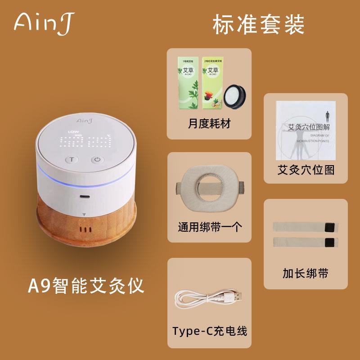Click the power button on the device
pyautogui.click(x=98, y=159)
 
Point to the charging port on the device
pyautogui.click(x=84, y=196)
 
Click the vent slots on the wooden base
pyautogui.click(x=85, y=229)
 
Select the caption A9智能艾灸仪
pyautogui.click(x=85, y=285)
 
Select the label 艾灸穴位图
pyautogui.click(x=306, y=170)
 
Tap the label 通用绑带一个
pyautogui.click(x=210, y=226)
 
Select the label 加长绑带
pyautogui.click(x=306, y=273)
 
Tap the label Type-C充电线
pyautogui.click(x=210, y=331)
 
